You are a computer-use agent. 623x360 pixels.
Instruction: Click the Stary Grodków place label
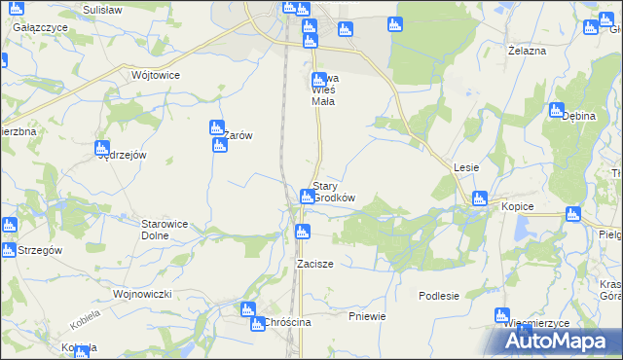(x=333, y=192)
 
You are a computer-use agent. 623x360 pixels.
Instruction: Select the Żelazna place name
(x=527, y=50)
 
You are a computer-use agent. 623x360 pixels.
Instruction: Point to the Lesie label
(x=465, y=167)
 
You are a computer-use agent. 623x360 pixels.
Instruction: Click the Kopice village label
(x=519, y=208)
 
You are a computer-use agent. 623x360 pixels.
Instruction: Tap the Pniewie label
(x=367, y=316)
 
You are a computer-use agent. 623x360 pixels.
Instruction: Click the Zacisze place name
(x=315, y=264)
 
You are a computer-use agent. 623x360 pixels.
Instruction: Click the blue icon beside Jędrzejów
(x=101, y=149)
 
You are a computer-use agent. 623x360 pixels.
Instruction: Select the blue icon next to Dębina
(x=556, y=110)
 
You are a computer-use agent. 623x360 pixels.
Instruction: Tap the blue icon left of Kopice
(x=478, y=199)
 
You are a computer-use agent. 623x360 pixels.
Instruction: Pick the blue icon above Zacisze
(x=302, y=232)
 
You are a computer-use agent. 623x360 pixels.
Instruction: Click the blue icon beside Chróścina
(x=257, y=324)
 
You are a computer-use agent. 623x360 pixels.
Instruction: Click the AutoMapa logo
(x=560, y=341)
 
